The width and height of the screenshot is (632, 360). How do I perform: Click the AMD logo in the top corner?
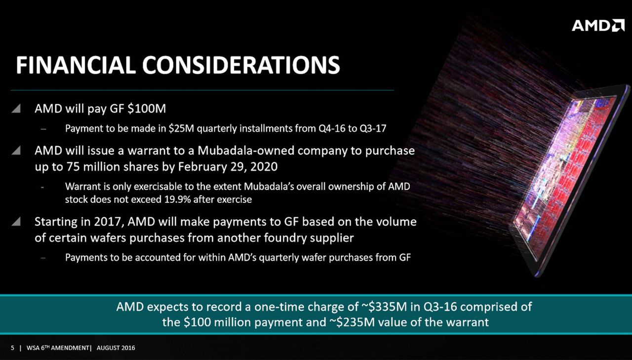click(598, 25)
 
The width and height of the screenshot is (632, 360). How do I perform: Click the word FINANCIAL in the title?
click(76, 65)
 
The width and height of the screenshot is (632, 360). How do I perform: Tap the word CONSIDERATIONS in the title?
click(241, 65)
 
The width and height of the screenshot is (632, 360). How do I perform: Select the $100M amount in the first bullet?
click(147, 109)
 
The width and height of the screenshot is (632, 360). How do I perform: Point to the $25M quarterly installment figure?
click(181, 129)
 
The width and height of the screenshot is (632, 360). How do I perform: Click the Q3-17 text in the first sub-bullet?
click(373, 129)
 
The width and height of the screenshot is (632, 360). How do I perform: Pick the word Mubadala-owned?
click(246, 151)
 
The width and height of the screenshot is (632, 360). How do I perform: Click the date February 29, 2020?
click(228, 167)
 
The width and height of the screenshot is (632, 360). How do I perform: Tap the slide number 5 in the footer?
click(12, 348)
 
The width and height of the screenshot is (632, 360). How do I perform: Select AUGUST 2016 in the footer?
click(116, 348)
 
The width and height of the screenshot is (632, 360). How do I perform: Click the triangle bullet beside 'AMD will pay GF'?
click(16, 108)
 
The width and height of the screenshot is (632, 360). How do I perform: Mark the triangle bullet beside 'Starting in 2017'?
click(16, 221)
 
